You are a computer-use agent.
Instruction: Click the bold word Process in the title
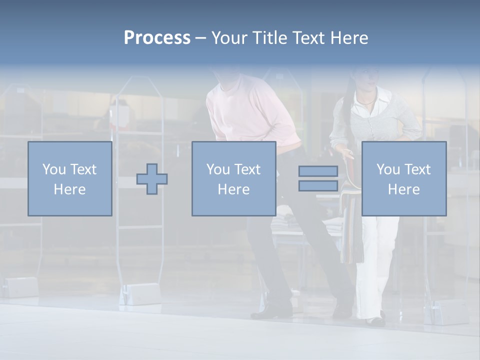(x=157, y=38)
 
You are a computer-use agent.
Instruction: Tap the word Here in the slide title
(x=348, y=38)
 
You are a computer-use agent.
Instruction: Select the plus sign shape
(x=152, y=179)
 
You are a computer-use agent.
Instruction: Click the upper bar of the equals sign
(x=318, y=171)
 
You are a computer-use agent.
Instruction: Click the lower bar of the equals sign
(x=318, y=186)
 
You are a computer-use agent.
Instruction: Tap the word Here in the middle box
(x=233, y=189)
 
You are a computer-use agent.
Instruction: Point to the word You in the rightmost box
(x=388, y=169)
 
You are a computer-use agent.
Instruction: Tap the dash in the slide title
(x=201, y=38)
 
